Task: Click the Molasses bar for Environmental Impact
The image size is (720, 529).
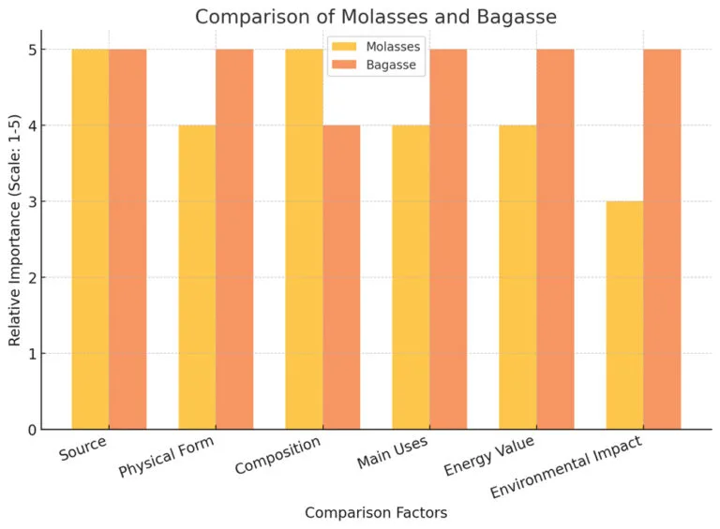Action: click(x=624, y=316)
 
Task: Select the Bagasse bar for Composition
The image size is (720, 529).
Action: click(x=341, y=277)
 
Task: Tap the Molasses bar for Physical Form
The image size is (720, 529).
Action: click(x=197, y=277)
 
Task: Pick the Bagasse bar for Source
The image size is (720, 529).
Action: click(x=127, y=239)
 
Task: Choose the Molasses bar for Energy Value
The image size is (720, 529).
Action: click(x=517, y=277)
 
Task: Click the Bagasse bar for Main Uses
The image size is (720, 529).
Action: click(x=448, y=239)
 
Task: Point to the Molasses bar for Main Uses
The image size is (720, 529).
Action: click(x=411, y=277)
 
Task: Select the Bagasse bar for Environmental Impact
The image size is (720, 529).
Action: click(x=662, y=239)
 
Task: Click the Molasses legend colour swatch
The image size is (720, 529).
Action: click(x=344, y=47)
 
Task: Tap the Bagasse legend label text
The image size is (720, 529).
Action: click(x=392, y=66)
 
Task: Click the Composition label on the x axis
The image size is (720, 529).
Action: click(x=278, y=454)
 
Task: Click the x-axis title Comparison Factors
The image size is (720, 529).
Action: click(x=376, y=513)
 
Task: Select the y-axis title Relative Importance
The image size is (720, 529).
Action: click(x=15, y=238)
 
